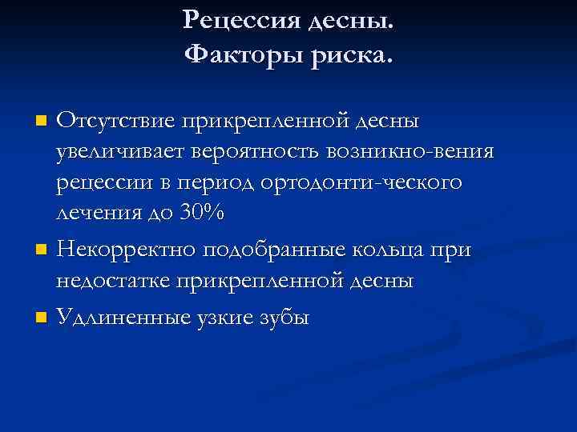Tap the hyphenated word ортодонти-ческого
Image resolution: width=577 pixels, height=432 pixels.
tap(361, 182)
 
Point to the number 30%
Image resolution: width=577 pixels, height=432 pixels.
tap(203, 212)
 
